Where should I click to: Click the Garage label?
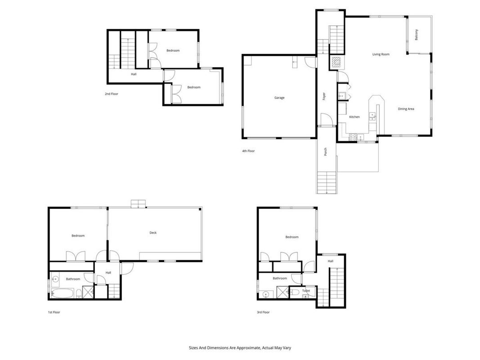tap(279, 98)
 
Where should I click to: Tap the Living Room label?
tap(381, 54)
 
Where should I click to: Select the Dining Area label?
tap(406, 109)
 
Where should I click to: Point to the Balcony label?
tap(416, 35)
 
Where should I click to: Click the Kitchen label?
tap(354, 117)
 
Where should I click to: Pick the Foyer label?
tap(324, 96)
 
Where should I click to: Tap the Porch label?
tap(325, 152)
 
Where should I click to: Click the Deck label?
tap(153, 233)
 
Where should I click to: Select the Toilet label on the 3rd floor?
tap(306, 291)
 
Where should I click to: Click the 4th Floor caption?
tap(248, 151)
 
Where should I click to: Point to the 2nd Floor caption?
tap(112, 94)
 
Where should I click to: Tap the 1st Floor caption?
tap(54, 312)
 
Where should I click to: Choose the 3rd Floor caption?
tap(263, 312)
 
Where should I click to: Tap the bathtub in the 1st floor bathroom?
tap(63, 293)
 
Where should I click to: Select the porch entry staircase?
tap(327, 182)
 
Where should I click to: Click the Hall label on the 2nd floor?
tap(134, 74)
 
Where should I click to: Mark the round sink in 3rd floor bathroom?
tap(266, 294)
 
